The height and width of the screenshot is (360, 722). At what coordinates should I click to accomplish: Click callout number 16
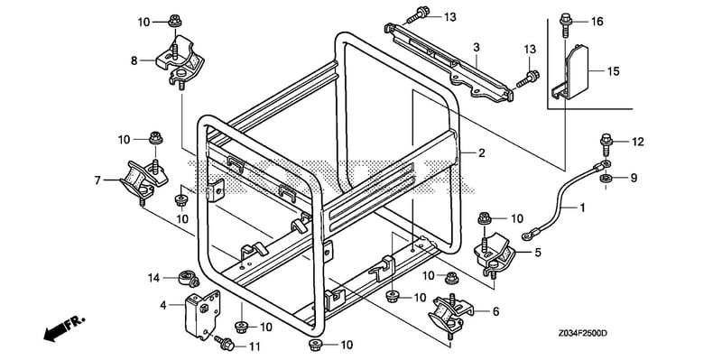point(597,21)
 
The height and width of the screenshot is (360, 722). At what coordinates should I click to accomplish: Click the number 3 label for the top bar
point(477,48)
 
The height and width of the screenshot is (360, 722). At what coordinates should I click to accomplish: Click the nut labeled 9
point(606,178)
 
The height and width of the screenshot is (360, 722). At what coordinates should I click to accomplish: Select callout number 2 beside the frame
point(482,152)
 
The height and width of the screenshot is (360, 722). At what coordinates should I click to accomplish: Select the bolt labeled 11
point(225,342)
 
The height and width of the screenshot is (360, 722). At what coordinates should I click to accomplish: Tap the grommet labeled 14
point(189,279)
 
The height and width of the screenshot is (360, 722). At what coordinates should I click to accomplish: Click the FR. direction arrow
point(59,330)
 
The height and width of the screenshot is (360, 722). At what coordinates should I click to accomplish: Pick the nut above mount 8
point(174,21)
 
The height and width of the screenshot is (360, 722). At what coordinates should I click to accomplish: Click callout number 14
point(153,277)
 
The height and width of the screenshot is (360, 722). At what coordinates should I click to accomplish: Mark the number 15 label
point(613,71)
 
